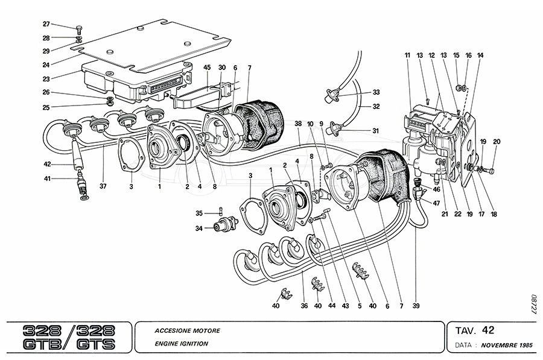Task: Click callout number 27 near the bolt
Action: [x=46, y=24]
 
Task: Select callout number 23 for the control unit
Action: [x=46, y=78]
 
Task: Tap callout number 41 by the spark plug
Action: [x=46, y=178]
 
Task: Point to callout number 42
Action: [x=46, y=163]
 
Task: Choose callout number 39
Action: [x=416, y=306]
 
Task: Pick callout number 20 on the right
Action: [x=497, y=142]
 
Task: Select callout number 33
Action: [x=376, y=92]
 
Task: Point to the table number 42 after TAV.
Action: [x=488, y=330]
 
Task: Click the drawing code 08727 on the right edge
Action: [x=533, y=304]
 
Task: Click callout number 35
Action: [x=198, y=213]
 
